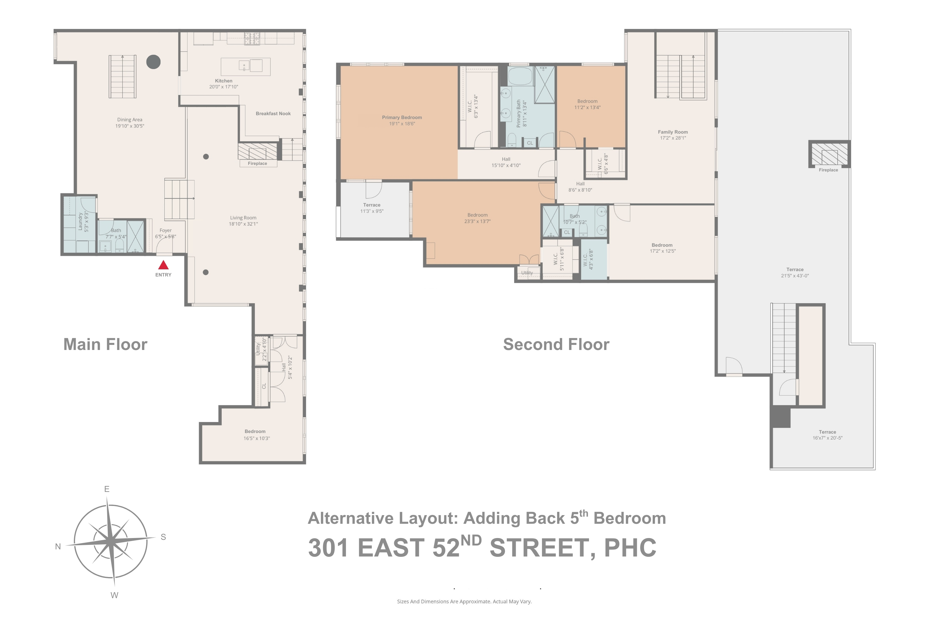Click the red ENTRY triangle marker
(163, 265)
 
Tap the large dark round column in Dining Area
(153, 62)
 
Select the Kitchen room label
(224, 81)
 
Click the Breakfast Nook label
(273, 114)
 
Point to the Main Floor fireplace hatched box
(257, 151)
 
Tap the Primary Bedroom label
(402, 118)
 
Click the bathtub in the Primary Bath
(520, 76)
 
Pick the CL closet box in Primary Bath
(530, 143)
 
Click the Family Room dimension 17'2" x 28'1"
(673, 138)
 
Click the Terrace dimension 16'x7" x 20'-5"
(827, 438)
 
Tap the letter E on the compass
(107, 489)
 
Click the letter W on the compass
(114, 595)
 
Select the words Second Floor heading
(556, 345)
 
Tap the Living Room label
(243, 218)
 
